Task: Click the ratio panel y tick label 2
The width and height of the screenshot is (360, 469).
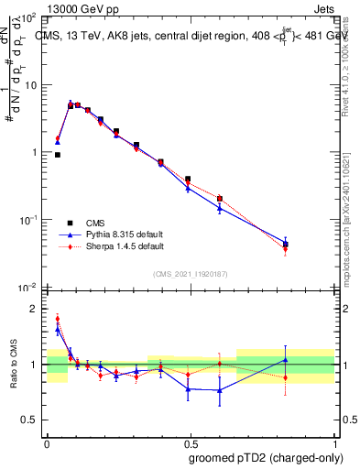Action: pos(35,309)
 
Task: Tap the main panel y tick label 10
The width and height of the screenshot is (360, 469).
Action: pos(30,85)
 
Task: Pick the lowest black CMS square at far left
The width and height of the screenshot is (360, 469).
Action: pos(58,155)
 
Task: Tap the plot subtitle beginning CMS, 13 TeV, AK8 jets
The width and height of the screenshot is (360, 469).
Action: pos(183,37)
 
